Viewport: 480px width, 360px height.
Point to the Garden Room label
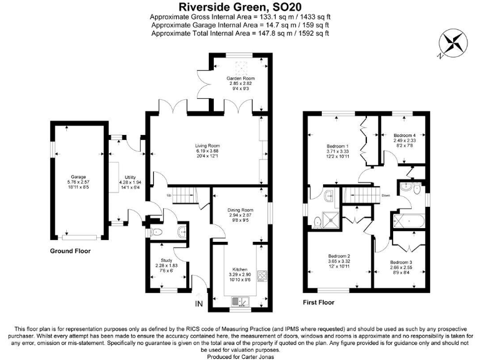(x=240, y=78)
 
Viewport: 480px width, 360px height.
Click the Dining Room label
(x=240, y=210)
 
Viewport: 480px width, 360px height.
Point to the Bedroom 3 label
(x=401, y=262)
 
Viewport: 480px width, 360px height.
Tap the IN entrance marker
(x=199, y=304)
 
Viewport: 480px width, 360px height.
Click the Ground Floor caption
(x=71, y=251)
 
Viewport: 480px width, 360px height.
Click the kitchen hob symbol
(x=261, y=276)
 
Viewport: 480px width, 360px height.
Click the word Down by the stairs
(x=386, y=194)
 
